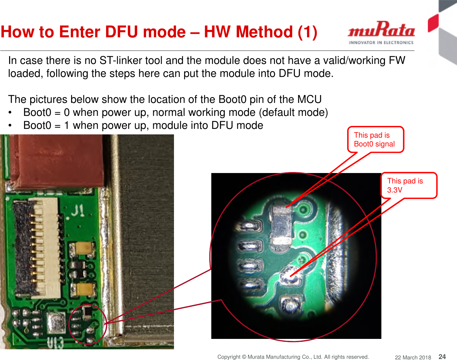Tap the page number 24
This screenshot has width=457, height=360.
point(442,356)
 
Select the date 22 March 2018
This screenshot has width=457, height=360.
point(413,357)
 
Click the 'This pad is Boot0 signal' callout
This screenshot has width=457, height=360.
point(376,140)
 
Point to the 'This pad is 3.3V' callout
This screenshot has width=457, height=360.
point(409,185)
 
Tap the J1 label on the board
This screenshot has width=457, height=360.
point(78,211)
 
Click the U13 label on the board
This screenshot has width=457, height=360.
point(55,343)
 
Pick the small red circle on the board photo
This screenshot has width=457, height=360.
point(88,324)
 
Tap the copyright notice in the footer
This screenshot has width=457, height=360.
point(293,357)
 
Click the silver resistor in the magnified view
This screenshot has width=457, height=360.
point(281,225)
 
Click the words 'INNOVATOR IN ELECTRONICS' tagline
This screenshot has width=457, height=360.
point(381,43)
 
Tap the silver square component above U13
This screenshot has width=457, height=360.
point(56,323)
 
